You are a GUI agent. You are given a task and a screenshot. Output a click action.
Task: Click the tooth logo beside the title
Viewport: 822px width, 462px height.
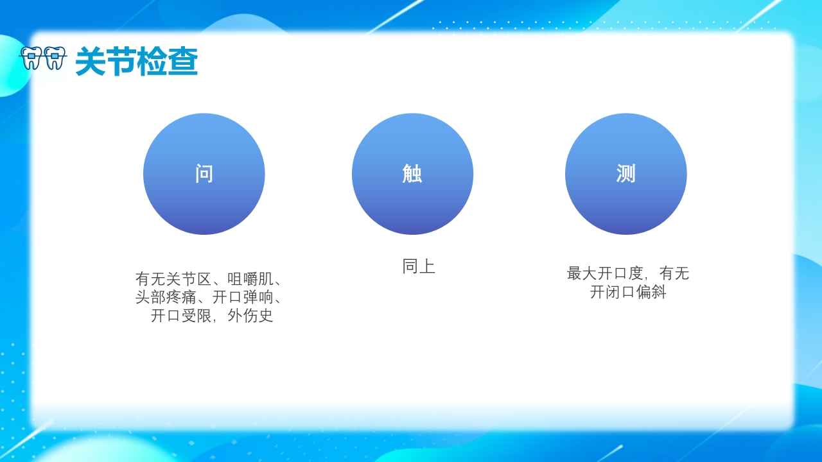click(x=43, y=58)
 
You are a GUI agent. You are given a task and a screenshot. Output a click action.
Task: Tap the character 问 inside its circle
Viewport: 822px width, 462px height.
click(x=204, y=174)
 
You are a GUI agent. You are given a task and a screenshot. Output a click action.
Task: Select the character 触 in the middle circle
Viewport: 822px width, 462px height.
click(x=412, y=174)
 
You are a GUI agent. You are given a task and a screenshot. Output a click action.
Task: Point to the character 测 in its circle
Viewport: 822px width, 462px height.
click(x=625, y=174)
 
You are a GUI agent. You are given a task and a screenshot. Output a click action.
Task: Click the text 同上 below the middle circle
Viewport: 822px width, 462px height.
click(x=419, y=267)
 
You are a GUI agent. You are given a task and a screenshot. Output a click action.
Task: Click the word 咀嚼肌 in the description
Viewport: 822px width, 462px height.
click(x=250, y=279)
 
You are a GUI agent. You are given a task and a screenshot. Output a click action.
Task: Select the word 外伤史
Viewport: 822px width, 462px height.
click(x=250, y=316)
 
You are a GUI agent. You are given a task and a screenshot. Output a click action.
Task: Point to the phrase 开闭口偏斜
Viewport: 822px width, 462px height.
click(x=628, y=293)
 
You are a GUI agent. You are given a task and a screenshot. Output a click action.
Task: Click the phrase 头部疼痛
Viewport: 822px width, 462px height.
click(x=166, y=298)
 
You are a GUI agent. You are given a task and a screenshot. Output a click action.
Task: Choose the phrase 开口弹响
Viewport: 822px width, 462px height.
click(x=243, y=298)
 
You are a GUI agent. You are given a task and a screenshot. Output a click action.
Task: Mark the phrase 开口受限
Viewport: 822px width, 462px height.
click(x=181, y=316)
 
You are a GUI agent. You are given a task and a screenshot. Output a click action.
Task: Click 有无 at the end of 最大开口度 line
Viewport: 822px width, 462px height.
click(x=674, y=273)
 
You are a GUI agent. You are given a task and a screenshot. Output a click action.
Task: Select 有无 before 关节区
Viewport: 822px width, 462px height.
click(x=150, y=279)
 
